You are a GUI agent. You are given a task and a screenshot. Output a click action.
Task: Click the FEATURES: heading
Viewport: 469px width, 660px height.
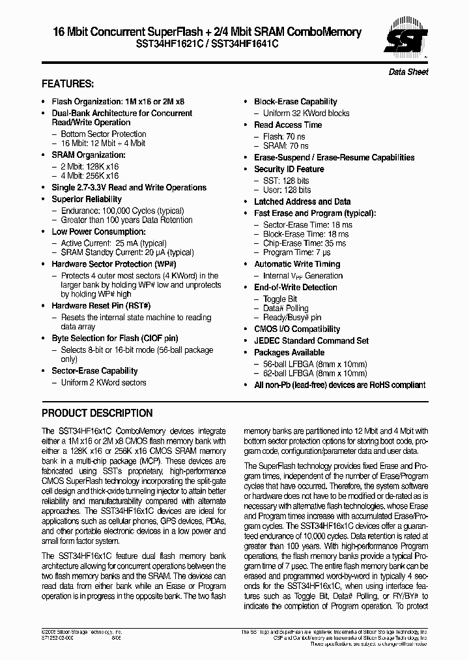68,84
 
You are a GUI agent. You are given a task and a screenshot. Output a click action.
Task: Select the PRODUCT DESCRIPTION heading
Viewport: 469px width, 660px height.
97,413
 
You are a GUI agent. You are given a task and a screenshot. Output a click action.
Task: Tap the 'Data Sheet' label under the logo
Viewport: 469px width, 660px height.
408,72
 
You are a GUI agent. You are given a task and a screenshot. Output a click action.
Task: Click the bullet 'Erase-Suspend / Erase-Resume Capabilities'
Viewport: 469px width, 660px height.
334,158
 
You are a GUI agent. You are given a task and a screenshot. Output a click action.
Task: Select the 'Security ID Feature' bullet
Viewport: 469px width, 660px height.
289,170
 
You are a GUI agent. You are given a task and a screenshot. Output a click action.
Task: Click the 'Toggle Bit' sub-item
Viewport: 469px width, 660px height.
279,299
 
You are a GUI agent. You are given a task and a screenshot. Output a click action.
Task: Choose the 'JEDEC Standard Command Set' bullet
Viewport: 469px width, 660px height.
311,341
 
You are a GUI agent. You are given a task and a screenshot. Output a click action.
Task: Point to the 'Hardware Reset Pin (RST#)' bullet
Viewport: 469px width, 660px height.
101,306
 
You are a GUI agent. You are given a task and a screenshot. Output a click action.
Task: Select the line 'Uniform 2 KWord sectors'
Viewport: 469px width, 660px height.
104,383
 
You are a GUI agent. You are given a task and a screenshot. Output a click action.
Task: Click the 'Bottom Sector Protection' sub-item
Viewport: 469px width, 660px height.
104,134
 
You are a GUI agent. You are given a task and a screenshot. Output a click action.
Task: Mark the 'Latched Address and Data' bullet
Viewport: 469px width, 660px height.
302,202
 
